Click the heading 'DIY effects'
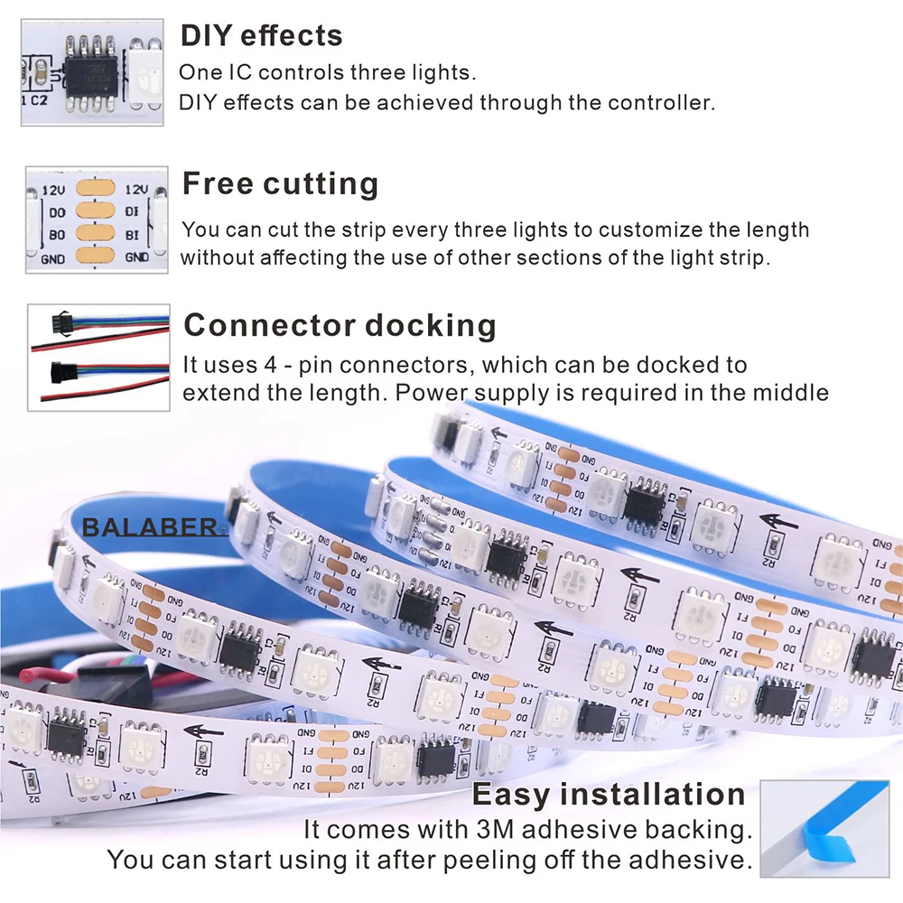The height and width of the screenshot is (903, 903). point(261,35)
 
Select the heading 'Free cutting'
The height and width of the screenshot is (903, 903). point(280,183)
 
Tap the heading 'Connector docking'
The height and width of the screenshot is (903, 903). point(340,325)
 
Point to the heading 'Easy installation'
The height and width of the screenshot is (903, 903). point(610,795)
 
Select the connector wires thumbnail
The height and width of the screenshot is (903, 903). point(98,357)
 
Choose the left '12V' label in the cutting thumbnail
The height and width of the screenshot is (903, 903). point(56,191)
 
